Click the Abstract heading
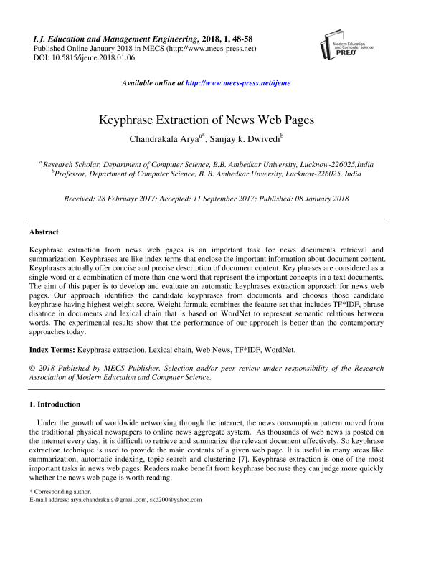point(44,232)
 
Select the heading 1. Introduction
point(55,404)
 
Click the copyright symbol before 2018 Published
point(33,369)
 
